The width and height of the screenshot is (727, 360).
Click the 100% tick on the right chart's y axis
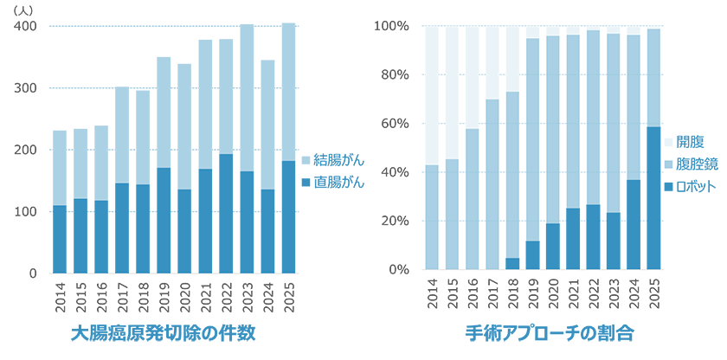[392, 26]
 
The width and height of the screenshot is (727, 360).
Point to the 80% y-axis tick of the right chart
[392, 74]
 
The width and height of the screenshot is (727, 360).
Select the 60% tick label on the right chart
[392, 124]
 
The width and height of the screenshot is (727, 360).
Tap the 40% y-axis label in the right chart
[392, 172]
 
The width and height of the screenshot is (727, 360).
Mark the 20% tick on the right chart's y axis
[392, 221]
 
